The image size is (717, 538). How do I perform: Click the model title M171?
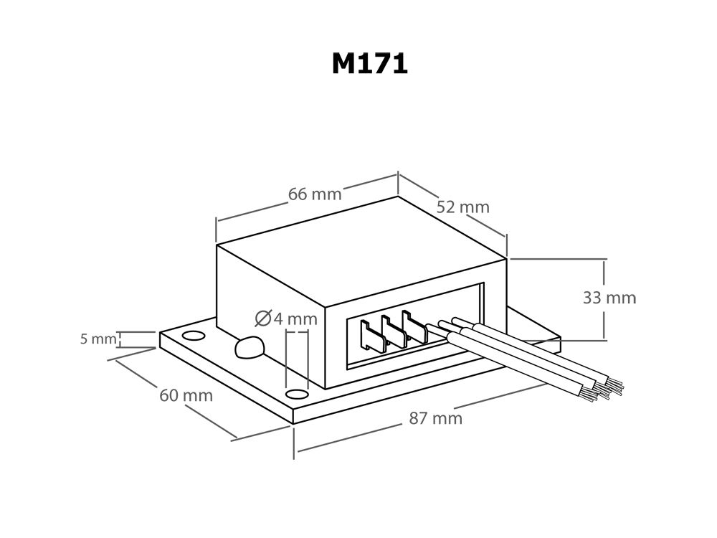pos(369,64)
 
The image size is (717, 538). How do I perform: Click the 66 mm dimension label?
pos(315,194)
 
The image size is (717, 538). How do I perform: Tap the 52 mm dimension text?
pos(462,207)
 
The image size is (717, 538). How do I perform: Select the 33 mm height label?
pos(609,298)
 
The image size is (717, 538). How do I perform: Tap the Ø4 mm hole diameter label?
pos(285,318)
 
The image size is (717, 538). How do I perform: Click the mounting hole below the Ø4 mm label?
pos(295,394)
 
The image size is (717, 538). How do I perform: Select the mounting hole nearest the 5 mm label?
pos(193,336)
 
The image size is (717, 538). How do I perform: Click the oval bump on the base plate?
pos(249,348)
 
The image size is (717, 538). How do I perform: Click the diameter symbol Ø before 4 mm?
pos(262,318)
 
